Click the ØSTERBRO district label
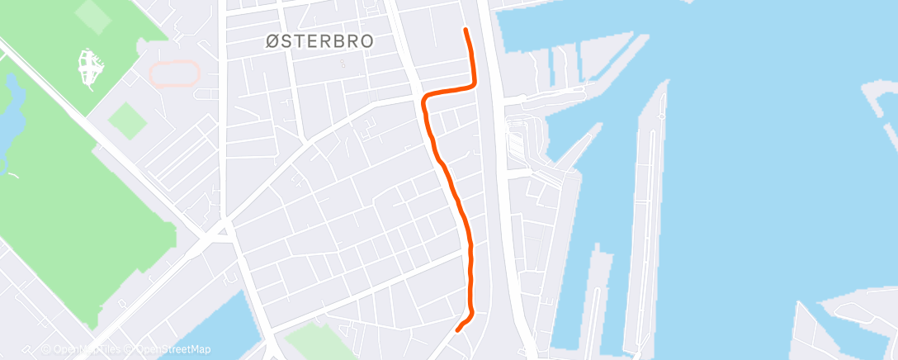319,41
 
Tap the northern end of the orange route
466,31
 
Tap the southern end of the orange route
458,330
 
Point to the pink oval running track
174,73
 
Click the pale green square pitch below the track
126,122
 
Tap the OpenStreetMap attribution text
173,349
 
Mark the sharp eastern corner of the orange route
475,83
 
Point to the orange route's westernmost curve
424,102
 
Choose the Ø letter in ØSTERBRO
272,41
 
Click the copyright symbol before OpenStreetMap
130,349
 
